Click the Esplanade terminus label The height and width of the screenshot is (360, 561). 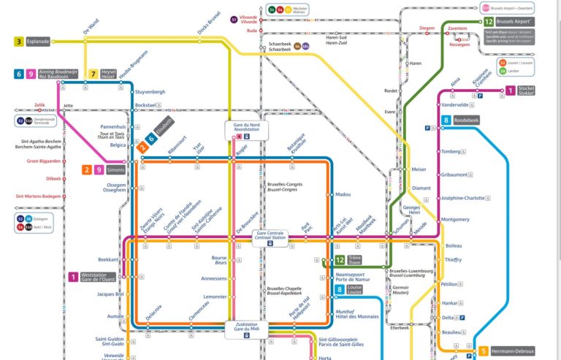tap(38, 42)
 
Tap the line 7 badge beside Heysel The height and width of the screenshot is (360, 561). tap(93, 74)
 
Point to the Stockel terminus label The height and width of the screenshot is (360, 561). tap(526, 91)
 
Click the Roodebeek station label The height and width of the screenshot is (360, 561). tap(466, 120)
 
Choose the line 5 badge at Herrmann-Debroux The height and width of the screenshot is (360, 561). tap(483, 351)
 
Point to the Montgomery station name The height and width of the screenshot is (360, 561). tap(456, 219)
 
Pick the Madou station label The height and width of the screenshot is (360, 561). tap(343, 194)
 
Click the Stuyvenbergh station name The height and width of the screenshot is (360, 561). tap(150, 92)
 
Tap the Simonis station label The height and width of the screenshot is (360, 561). tap(115, 169)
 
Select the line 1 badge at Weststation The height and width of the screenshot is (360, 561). tap(73, 277)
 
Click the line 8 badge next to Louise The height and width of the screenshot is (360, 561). tap(340, 289)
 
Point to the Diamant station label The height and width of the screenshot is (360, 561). tap(421, 188)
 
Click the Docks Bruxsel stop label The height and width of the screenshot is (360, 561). tap(209, 25)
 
